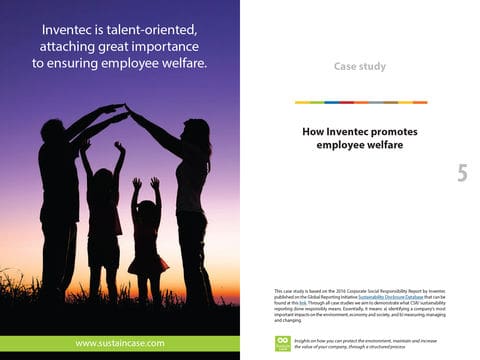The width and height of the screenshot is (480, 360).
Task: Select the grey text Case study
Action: (x=359, y=67)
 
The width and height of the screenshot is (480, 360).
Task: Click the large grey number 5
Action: (x=462, y=173)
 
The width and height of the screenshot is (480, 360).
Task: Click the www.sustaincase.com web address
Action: (x=120, y=344)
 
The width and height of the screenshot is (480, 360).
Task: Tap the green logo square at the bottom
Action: (x=282, y=343)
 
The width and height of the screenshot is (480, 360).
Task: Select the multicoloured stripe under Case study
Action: (x=360, y=102)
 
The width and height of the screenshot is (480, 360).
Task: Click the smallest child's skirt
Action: (x=148, y=262)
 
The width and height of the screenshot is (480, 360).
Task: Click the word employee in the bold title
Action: (x=342, y=145)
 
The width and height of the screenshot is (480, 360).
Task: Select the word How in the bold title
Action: (x=313, y=131)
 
